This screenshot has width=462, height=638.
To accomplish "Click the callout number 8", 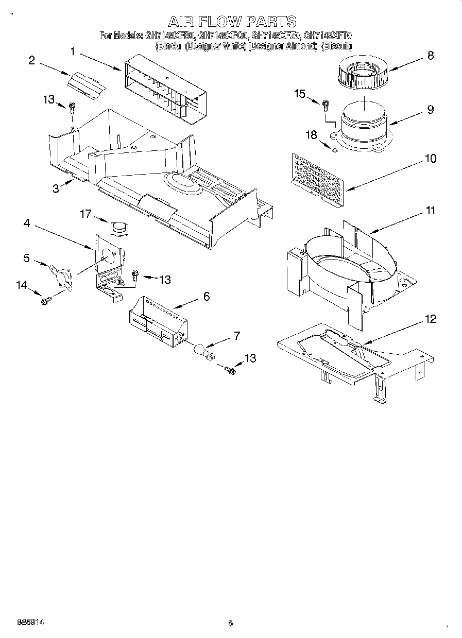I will point(431,56).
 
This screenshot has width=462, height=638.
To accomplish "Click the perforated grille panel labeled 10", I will point(317,180).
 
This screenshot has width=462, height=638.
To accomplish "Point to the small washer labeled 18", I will point(334,151).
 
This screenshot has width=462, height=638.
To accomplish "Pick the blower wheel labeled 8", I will point(362,73).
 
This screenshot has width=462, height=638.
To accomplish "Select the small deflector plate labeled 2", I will point(86,83).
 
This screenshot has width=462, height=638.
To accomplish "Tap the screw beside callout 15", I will point(326,106).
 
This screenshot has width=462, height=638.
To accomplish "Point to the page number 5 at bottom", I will point(230,624).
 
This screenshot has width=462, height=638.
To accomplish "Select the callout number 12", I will point(430,319).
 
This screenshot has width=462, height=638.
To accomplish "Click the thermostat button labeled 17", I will point(119,227).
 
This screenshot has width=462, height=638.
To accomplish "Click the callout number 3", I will point(56,188).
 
